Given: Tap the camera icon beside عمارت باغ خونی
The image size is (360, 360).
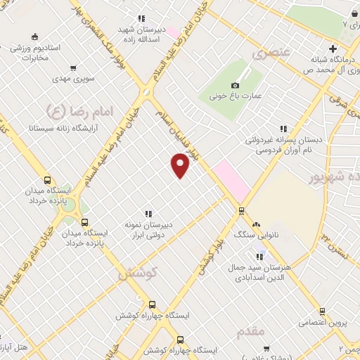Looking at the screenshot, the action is click(x=236, y=84).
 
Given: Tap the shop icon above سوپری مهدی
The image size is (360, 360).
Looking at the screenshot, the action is click(x=73, y=69).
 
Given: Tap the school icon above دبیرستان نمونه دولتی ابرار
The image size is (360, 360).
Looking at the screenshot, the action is click(x=148, y=213).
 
